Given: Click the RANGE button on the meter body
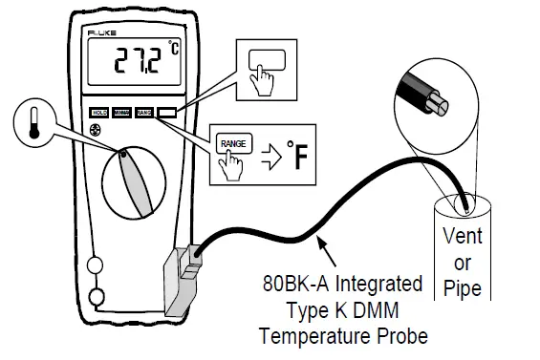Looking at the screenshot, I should pos(144,112).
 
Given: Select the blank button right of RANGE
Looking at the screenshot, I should pos(166,112).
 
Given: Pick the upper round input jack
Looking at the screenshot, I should pos(95,264).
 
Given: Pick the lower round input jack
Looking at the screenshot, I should pos(95,296).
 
